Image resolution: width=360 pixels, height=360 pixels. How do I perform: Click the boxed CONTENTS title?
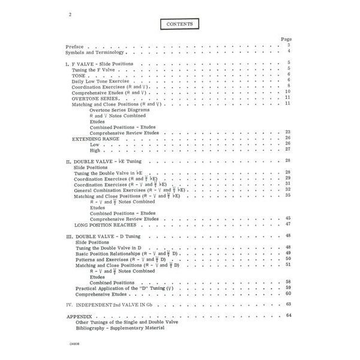(180, 25)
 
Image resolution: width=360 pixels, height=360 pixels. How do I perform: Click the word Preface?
(76, 46)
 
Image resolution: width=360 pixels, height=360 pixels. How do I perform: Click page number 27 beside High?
(288, 149)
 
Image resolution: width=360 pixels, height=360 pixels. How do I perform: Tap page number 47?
(288, 224)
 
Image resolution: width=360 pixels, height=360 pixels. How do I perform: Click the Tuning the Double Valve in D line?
(109, 248)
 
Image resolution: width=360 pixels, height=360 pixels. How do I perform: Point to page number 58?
(288, 282)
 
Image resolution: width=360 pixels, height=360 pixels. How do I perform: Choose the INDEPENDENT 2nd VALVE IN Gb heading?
(116, 305)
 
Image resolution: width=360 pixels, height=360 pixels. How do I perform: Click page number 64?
(288, 316)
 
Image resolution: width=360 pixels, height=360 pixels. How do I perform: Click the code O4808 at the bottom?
(71, 346)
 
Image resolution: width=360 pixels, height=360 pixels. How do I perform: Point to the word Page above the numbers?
(286, 39)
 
